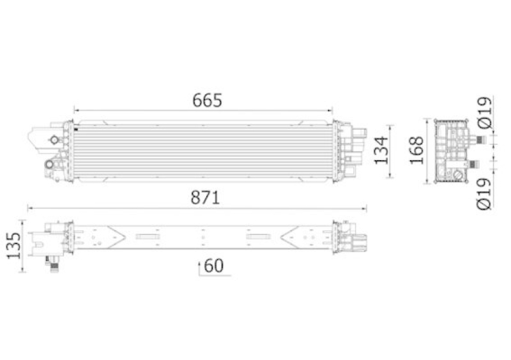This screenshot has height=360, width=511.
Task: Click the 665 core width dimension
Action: click(207, 100)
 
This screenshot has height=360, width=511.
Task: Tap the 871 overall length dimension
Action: click(205, 197)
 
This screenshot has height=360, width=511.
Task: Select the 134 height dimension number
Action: click(381, 151)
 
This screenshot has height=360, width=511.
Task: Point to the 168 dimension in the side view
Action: click(416, 150)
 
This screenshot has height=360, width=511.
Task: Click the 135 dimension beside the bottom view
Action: click(13, 245)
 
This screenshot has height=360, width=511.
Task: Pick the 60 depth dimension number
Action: click(214, 266)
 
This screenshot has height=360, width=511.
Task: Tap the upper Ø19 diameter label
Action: click(484, 112)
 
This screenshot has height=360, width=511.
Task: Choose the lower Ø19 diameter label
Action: click(484, 193)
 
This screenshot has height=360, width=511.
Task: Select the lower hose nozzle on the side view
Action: click(472, 165)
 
